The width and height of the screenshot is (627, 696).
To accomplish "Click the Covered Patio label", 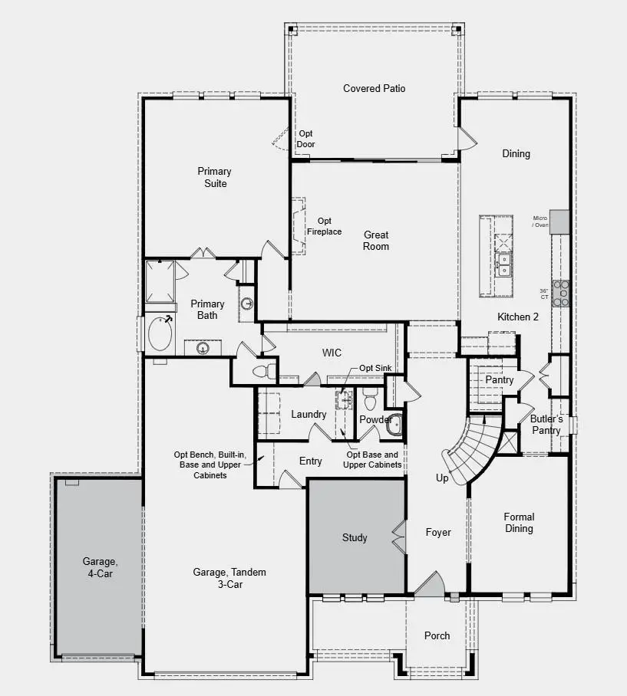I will (374, 89).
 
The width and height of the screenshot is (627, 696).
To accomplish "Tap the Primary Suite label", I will (214, 177).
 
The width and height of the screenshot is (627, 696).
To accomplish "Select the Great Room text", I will (376, 241).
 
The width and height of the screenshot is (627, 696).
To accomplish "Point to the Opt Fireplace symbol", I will (299, 227).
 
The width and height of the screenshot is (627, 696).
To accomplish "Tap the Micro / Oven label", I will (541, 222).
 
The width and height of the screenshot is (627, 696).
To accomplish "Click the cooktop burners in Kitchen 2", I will (562, 294).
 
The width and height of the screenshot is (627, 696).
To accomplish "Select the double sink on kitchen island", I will (504, 265).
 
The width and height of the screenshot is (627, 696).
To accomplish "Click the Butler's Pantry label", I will (546, 425).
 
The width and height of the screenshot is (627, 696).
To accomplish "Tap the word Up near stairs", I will (442, 478).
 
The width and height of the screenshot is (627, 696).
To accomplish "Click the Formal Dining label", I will (519, 523).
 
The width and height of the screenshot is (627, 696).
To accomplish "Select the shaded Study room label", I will (355, 538).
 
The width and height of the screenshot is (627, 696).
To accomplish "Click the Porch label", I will (437, 635).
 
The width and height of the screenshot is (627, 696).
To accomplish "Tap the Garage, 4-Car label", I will (101, 567).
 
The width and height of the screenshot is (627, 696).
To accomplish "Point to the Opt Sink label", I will (376, 369).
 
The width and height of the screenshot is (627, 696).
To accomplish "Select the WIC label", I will (332, 353).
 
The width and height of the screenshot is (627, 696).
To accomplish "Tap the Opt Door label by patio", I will (306, 139).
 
